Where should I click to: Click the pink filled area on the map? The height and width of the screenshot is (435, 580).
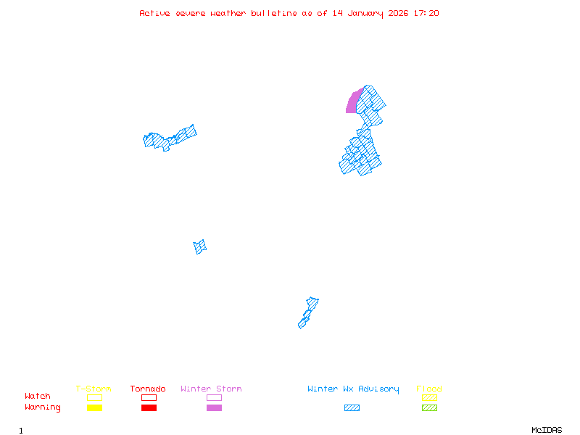[x=353, y=102]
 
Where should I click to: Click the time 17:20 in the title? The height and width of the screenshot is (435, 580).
[x=426, y=13]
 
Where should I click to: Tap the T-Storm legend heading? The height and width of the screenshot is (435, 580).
[x=94, y=389]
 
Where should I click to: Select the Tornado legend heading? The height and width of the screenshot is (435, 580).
[x=148, y=389]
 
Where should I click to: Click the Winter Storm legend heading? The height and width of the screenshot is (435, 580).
[x=211, y=389]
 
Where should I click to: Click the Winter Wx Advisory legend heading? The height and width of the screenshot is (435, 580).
[x=353, y=389]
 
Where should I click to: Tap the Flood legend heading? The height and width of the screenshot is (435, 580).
[x=429, y=389]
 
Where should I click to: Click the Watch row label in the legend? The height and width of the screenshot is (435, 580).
[x=38, y=397]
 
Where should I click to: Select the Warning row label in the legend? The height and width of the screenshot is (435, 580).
[x=43, y=407]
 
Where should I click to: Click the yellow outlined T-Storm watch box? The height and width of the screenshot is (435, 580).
[x=94, y=397]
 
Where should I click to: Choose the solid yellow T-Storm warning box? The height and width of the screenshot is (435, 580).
[x=94, y=407]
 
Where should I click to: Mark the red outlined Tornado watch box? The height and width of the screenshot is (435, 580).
[x=149, y=397]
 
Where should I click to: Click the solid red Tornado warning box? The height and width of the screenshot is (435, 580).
[x=149, y=407]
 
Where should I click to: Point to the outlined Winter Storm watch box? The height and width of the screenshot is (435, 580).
[x=214, y=397]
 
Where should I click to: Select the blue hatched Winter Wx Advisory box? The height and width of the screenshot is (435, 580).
[x=352, y=407]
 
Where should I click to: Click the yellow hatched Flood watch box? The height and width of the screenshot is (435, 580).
[x=429, y=397]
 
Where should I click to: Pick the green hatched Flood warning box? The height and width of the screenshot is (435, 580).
[x=429, y=407]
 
